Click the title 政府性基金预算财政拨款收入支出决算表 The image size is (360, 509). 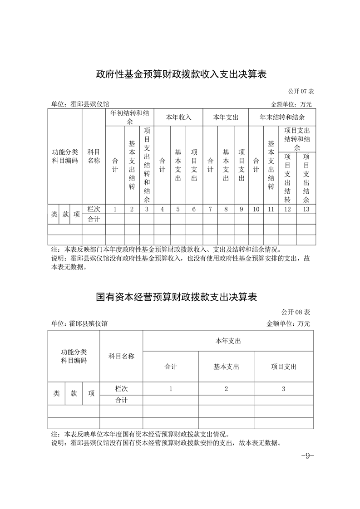pos(181,74)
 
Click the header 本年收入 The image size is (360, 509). pos(178,117)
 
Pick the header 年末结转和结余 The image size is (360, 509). pos(282,117)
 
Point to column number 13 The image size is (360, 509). pos(306,209)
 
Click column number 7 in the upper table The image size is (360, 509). pos(210,209)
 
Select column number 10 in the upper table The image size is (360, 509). pos(256,209)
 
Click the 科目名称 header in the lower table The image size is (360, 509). pos(121,356)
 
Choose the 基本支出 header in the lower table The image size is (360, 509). pos(226,367)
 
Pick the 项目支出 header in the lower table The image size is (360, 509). pos(283,367)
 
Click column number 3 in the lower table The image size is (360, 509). pos(283,389)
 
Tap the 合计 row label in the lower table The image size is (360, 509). pos(121,400)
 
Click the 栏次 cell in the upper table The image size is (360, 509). pos(94,209)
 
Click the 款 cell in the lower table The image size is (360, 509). pos(74,394)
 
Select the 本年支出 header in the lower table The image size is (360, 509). pos(228,341)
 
